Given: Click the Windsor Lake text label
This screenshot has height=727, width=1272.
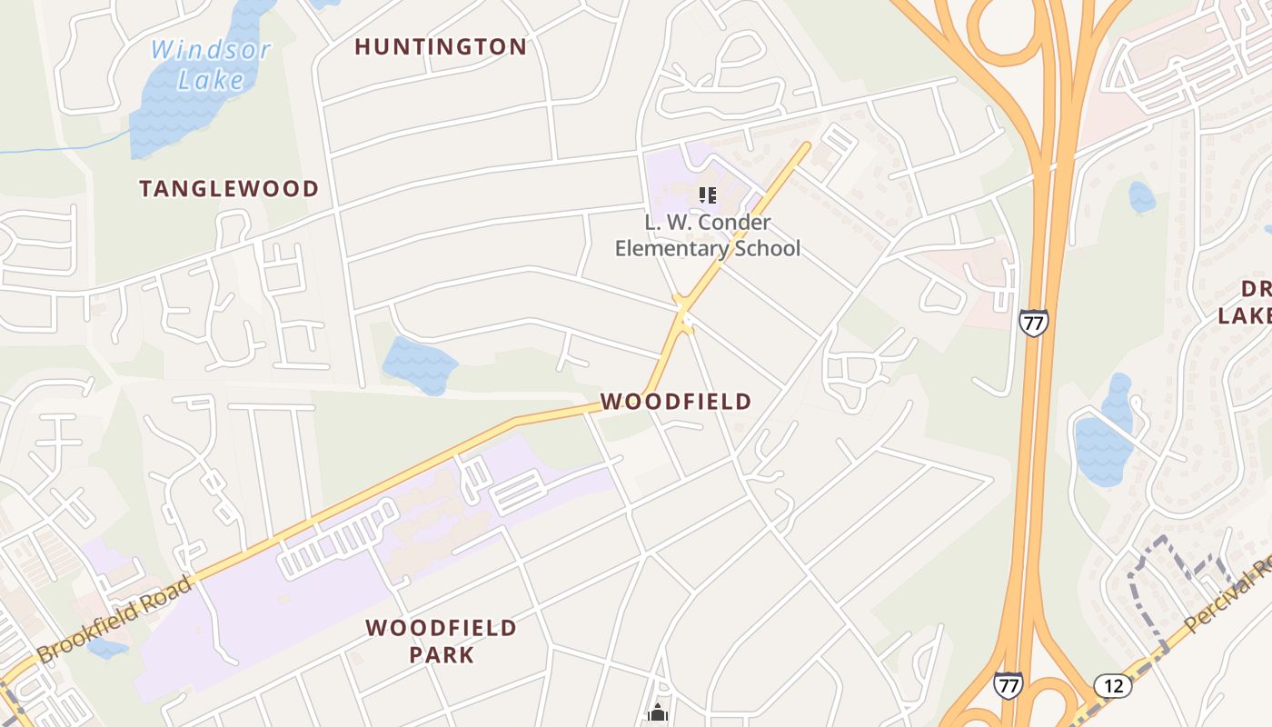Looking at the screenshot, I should tap(210, 64).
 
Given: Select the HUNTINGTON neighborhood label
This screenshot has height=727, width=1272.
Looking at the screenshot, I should tap(441, 47).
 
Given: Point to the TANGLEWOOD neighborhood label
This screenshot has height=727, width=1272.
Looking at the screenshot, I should tap(229, 189).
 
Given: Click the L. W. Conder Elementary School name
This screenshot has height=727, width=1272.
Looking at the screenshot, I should tap(708, 235).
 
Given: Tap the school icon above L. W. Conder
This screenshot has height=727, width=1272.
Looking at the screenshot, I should tap(708, 194).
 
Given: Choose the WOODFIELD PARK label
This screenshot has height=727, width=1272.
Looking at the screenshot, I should tap(441, 641).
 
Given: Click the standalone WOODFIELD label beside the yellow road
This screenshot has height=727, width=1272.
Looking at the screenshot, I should tap(676, 402).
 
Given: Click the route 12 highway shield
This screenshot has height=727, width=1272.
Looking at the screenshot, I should tap(1112, 685).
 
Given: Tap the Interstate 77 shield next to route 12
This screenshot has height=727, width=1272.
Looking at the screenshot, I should tap(1007, 685).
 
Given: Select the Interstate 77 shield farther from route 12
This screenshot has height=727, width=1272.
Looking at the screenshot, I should tap(1033, 323).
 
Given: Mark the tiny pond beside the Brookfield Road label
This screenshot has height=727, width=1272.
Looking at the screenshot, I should tap(107, 648).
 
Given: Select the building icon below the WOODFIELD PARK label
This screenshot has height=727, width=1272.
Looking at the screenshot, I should tap(658, 713).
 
